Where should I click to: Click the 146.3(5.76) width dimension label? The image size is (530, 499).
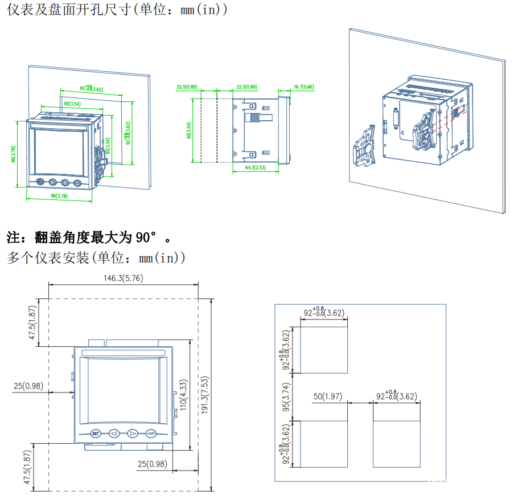coord(123,279)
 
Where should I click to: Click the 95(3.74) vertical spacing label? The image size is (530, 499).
coord(287,397)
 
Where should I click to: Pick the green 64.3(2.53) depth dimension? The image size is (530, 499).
coord(256,168)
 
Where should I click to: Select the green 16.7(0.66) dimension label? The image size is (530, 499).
coord(303,87)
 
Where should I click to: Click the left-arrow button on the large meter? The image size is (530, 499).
coord(114,433)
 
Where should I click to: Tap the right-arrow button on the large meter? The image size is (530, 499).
coord(132,433)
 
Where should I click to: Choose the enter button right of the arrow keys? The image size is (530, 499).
coord(151,433)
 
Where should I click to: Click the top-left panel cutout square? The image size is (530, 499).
coord(323,350)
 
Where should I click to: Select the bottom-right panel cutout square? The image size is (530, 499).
coord(397,444)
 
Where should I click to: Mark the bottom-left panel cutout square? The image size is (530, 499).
coord(323,444)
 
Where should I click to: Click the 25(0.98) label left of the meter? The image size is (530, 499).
coord(28,386)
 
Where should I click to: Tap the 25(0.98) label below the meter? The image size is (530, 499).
coord(153,464)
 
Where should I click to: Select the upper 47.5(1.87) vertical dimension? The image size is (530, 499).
coord(33,322)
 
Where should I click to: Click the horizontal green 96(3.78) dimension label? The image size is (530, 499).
coord(59,195)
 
